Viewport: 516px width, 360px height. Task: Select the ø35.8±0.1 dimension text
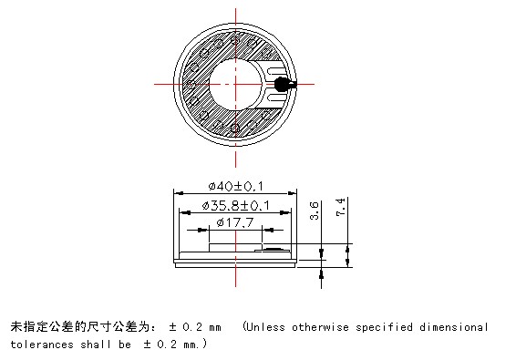point(236,205)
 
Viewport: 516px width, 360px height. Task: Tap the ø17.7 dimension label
point(236,223)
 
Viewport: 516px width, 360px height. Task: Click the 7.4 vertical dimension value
point(341,207)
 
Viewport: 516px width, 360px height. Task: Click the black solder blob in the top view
point(281,85)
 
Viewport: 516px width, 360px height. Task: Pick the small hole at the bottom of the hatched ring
point(235,128)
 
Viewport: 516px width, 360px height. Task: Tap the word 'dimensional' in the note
point(452,326)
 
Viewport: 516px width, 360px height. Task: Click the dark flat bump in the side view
point(273,247)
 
